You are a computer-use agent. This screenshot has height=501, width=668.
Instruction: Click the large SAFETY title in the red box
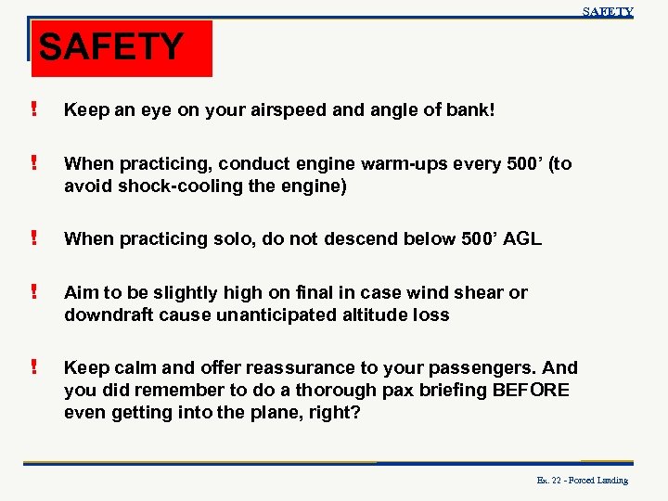(111, 46)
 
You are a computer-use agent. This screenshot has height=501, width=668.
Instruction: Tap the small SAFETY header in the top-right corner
(608, 12)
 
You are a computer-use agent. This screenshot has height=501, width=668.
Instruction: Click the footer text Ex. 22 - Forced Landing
(583, 480)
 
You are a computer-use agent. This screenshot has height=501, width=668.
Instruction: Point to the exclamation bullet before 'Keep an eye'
(34, 110)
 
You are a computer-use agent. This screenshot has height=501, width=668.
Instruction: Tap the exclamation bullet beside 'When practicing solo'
(34, 238)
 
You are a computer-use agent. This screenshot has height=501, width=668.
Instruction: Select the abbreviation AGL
(521, 238)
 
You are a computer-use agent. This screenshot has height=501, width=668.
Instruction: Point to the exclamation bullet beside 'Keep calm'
(34, 367)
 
